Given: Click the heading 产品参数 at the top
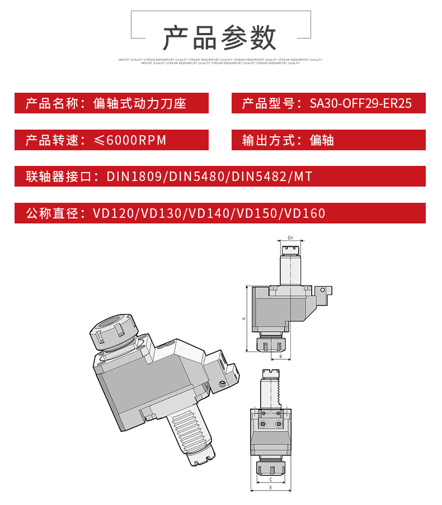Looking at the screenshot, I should pyautogui.click(x=220, y=38).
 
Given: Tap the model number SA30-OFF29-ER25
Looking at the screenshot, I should pyautogui.click(x=360, y=103).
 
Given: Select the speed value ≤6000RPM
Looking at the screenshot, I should pyautogui.click(x=130, y=140).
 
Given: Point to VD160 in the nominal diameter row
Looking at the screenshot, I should pyautogui.click(x=305, y=213).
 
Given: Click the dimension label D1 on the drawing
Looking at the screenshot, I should pyautogui.click(x=290, y=238).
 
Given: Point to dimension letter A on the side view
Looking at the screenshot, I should pyautogui.click(x=243, y=318).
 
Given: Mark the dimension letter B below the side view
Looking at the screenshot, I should pyautogui.click(x=280, y=356).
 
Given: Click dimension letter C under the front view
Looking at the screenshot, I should pyautogui.click(x=271, y=479).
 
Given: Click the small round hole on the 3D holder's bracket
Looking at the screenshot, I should pyautogui.click(x=222, y=383).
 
